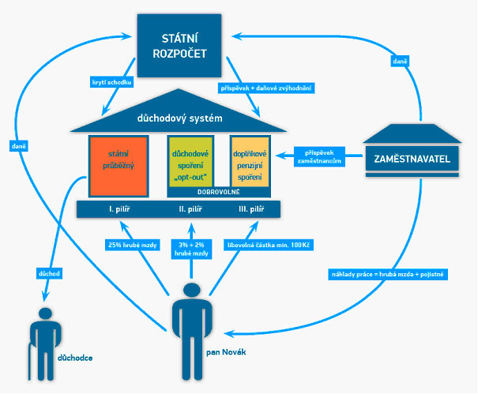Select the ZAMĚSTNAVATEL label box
tap(411, 159)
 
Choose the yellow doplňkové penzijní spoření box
tap(248, 162)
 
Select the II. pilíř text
tap(193, 209)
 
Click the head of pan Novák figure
tap(190, 291)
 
